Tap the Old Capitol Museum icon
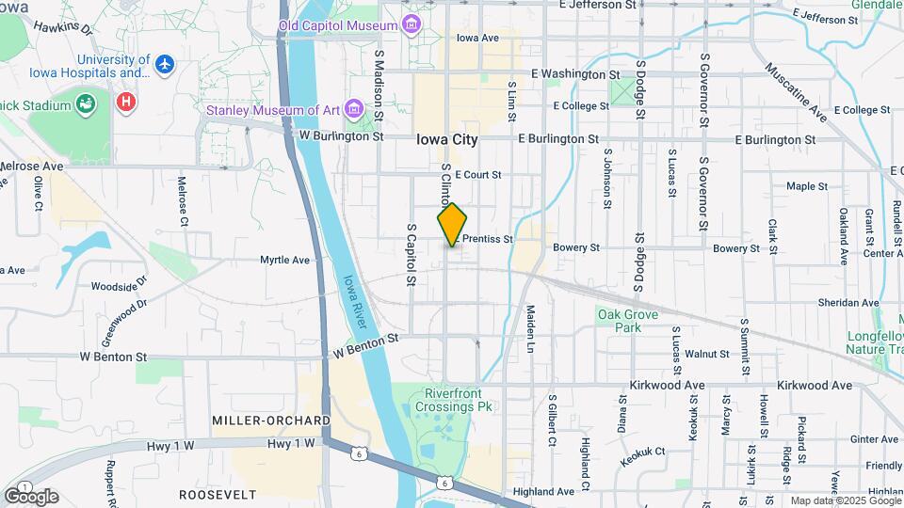tap(412, 23)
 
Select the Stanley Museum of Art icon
tap(354, 110)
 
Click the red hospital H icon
tap(124, 100)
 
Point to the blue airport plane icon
tap(166, 65)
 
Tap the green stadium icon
tap(86, 104)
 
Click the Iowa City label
tap(447, 139)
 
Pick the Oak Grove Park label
tap(626, 321)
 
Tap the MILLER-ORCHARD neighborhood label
tap(270, 421)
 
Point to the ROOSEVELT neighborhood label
tap(218, 494)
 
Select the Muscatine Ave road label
tap(796, 93)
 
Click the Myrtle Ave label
tap(284, 260)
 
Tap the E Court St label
tap(477, 175)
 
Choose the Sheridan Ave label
tap(847, 303)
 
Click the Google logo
tap(31, 496)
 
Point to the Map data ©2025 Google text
tap(844, 500)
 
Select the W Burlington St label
tap(341, 135)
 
